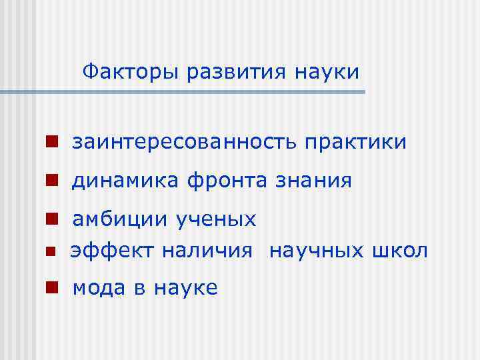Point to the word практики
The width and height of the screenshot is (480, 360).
355,142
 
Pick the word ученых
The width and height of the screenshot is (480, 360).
216,219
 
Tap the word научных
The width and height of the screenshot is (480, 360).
317,251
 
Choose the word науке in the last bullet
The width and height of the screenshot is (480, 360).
186,288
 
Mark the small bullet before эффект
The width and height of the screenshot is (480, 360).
49,252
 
